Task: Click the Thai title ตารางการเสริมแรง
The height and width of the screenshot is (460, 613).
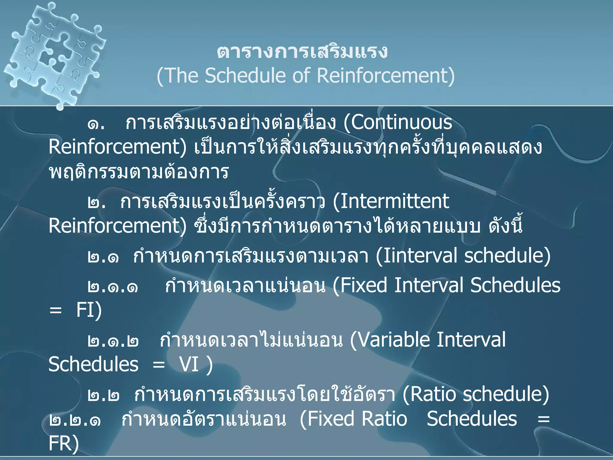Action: [302, 52]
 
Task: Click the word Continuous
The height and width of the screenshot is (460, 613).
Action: [401, 122]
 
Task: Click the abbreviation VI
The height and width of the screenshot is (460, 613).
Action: [189, 365]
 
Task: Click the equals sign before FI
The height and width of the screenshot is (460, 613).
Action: [56, 310]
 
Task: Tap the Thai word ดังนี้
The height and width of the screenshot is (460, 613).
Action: [506, 226]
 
